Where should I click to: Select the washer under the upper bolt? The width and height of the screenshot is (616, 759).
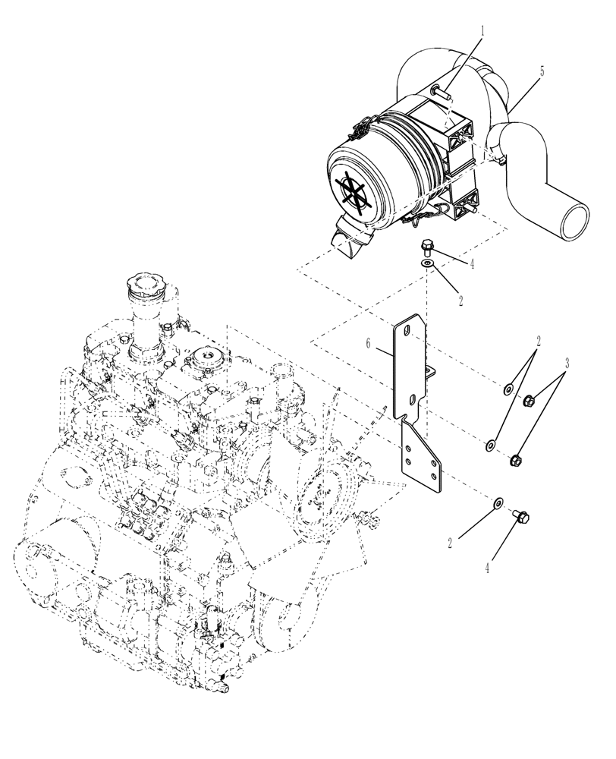[429, 263]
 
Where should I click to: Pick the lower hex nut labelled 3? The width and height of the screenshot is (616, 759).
[517, 459]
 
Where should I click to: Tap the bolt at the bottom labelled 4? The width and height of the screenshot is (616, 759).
[521, 517]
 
